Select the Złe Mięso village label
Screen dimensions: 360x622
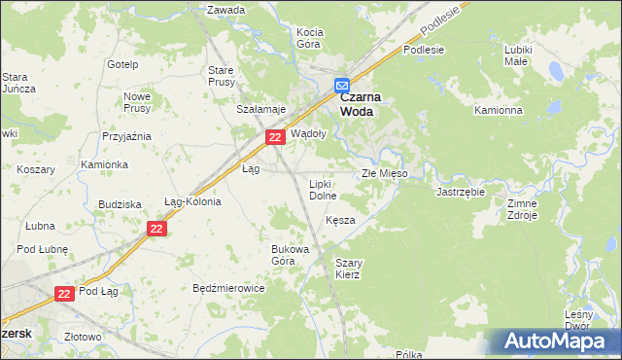point(384,173)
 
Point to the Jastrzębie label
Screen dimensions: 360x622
point(461,192)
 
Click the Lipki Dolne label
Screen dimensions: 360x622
point(323,190)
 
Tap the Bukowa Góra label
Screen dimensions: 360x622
point(290,254)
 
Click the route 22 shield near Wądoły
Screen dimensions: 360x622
point(275,139)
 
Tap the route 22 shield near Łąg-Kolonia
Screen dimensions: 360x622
point(157,229)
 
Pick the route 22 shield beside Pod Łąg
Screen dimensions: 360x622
point(64,293)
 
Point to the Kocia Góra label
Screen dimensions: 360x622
point(309,38)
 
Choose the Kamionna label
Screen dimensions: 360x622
point(499,110)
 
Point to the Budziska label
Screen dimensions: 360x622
point(121,204)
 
